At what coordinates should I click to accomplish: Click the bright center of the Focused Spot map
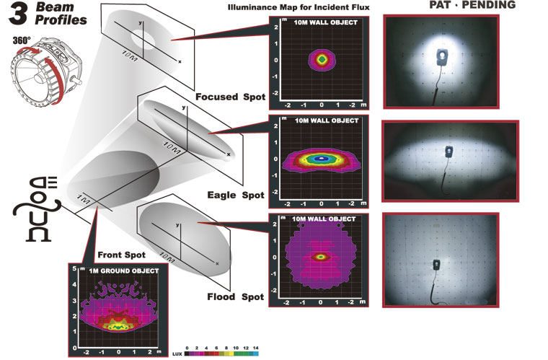tap(322, 60)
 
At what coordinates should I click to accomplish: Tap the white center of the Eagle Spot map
tap(322, 158)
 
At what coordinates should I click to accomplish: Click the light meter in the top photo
tap(440, 56)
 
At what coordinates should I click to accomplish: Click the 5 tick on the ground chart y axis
tap(74, 268)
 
